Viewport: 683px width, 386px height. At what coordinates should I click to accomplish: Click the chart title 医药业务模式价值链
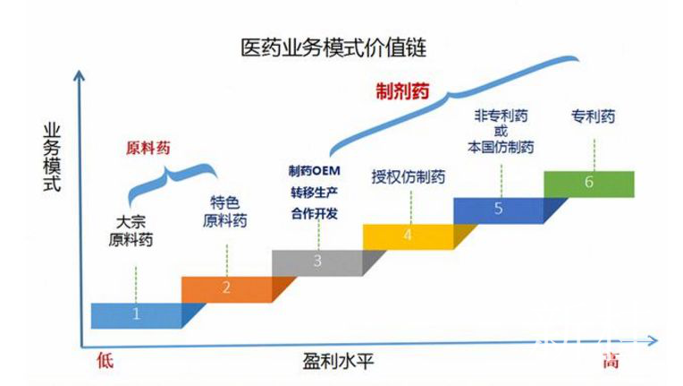(x=339, y=46)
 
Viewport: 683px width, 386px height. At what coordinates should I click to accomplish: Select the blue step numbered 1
(x=136, y=314)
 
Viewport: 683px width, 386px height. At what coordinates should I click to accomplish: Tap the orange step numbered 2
(x=226, y=287)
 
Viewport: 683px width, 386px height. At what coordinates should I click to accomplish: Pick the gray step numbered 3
(x=316, y=262)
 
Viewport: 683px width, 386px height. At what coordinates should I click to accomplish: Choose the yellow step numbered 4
(x=407, y=236)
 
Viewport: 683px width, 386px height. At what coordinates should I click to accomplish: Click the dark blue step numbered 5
(x=498, y=210)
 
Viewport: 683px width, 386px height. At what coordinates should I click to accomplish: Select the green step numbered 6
(x=588, y=183)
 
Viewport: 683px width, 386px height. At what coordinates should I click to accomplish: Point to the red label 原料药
(x=148, y=149)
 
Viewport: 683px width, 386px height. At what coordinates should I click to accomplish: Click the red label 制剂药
(x=402, y=90)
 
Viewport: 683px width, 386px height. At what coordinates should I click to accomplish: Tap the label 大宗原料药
(x=131, y=231)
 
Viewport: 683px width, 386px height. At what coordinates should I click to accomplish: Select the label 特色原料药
(x=224, y=212)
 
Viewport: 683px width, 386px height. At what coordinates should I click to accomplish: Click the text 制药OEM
(x=316, y=170)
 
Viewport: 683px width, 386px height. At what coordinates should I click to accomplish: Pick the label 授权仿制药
(x=408, y=176)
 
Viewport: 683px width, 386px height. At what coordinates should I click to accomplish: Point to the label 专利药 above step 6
(x=593, y=116)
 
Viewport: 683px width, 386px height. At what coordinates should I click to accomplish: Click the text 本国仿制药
(x=501, y=147)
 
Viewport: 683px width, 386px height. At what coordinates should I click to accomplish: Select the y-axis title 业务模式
(x=53, y=158)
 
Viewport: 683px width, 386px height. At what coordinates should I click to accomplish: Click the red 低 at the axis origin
(x=105, y=361)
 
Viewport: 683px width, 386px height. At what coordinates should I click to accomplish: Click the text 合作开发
(x=316, y=213)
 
